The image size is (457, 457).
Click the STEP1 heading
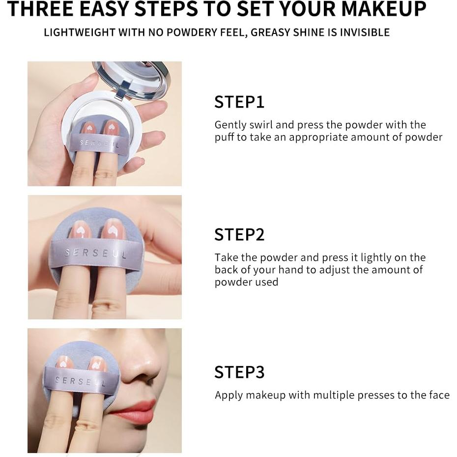click(x=239, y=102)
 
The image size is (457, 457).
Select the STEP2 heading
click(x=239, y=234)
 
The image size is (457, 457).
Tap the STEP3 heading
click(x=239, y=372)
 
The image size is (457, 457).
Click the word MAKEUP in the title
click(x=384, y=9)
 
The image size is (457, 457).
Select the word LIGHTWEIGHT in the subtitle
click(x=80, y=32)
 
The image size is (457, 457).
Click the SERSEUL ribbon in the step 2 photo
click(x=96, y=253)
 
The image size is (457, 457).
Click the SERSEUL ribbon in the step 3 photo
click(x=81, y=380)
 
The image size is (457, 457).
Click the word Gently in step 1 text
click(x=230, y=125)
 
